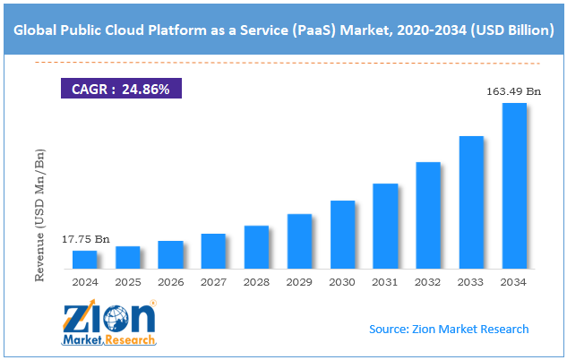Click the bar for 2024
click(84, 259)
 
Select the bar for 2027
click(213, 251)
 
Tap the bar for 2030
click(342, 234)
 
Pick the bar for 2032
click(428, 215)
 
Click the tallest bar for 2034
click(514, 185)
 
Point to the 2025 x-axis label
click(127, 282)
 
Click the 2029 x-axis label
click(299, 282)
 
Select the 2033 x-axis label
click(471, 282)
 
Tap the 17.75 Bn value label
click(86, 239)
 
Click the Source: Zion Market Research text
click(448, 329)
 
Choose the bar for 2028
click(256, 246)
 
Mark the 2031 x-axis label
click(385, 282)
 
